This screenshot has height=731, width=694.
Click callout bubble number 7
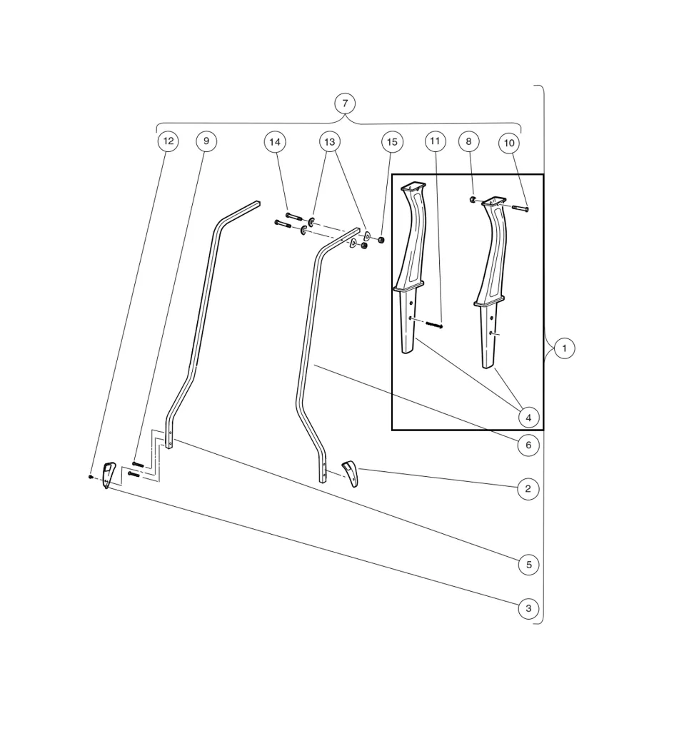point(345,104)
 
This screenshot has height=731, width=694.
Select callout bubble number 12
point(168,141)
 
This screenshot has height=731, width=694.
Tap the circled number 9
point(206,141)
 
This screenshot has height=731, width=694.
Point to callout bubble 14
point(275,142)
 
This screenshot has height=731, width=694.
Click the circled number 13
point(329,142)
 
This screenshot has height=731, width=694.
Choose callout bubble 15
point(392,142)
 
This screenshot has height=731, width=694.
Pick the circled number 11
point(436,141)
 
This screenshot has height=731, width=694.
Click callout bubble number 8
point(469,141)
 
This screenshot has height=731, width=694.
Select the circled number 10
point(509,143)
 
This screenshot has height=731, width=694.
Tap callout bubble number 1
point(565,348)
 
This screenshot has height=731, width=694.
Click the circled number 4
point(528,417)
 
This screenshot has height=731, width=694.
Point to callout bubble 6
point(528,445)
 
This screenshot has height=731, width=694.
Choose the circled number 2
point(528,489)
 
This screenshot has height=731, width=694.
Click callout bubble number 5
point(528,565)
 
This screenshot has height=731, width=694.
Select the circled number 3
point(528,609)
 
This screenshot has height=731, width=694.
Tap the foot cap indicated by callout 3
point(108,474)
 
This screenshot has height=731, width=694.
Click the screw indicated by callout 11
point(434,325)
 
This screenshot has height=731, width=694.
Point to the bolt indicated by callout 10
point(520,208)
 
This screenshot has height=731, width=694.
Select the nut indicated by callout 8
point(473,200)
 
